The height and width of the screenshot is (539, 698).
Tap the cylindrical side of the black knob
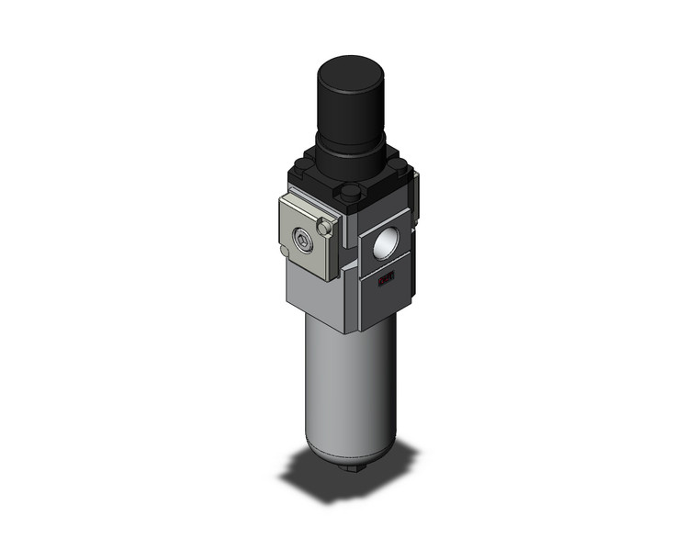pyautogui.click(x=346, y=106)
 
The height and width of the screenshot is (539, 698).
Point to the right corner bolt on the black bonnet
pyautogui.click(x=400, y=168)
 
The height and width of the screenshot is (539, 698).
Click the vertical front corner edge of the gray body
pyautogui.click(x=353, y=294)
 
